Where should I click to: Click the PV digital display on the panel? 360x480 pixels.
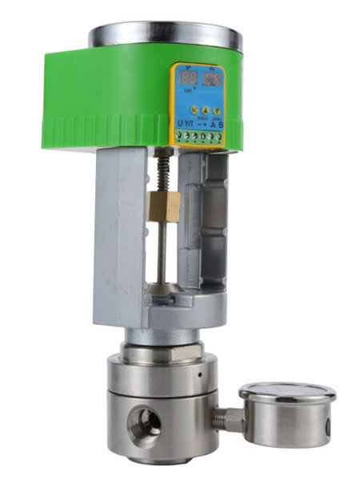212,79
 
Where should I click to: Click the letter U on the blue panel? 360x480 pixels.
180,123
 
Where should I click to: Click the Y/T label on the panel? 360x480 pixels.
190,123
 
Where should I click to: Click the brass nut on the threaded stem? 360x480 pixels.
164,206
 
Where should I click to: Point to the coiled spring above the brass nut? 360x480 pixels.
165,170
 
